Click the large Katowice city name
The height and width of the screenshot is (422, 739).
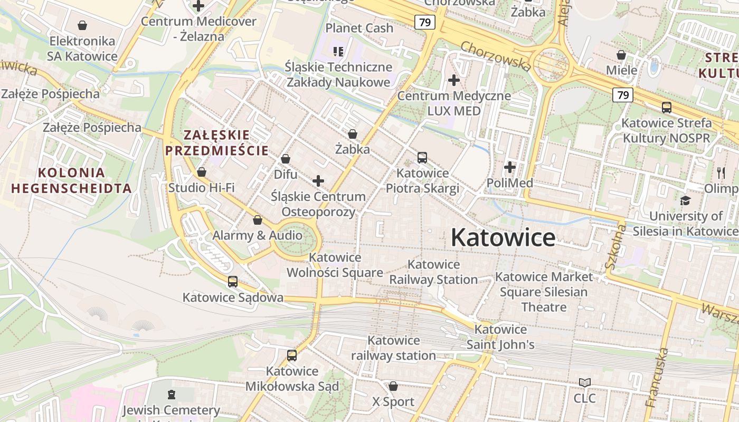503,238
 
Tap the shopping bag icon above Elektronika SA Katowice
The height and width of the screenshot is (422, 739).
82,25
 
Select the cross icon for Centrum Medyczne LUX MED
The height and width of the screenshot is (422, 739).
453,80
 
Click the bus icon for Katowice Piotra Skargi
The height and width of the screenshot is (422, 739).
422,157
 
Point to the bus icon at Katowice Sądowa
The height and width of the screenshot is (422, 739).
233,282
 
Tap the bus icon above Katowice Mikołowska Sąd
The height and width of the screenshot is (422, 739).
292,356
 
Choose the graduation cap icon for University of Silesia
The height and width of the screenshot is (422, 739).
685,200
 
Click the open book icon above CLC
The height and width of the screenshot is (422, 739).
585,382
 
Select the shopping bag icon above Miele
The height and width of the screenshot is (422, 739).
621,55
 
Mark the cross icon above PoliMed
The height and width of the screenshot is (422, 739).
509,167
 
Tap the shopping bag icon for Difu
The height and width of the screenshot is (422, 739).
286,159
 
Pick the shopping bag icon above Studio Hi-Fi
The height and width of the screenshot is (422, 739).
201,172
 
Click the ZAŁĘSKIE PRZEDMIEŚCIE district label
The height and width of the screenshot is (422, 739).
217,142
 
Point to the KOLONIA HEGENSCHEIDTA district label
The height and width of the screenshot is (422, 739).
71,180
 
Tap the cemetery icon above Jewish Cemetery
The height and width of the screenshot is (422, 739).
171,394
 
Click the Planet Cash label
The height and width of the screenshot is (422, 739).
359,28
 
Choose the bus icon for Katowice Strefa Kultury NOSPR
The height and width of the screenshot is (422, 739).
667,108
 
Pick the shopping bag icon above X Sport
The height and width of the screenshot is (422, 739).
393,386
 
